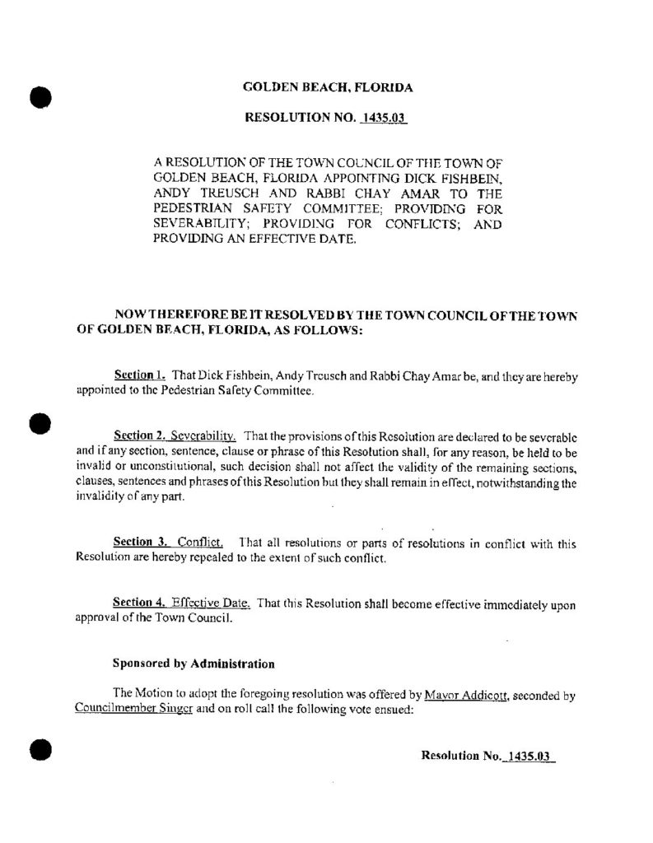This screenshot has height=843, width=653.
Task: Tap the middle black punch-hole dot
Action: (x=37, y=423)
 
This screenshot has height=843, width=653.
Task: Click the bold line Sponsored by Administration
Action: (x=193, y=662)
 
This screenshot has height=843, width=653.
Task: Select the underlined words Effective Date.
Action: (x=213, y=603)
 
